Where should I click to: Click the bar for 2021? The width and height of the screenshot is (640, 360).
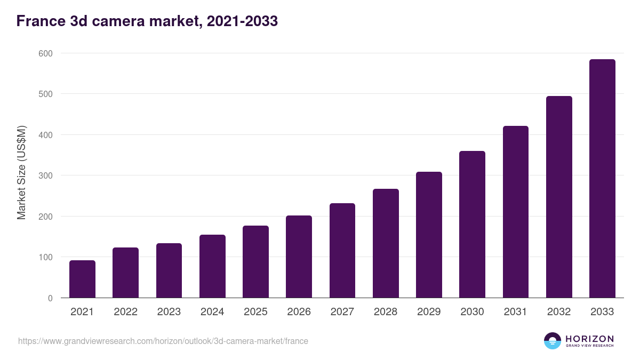82,279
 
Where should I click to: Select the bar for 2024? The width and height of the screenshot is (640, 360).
212,266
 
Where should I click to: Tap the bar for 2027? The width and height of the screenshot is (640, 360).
342,251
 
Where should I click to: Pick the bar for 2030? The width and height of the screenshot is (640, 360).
472,225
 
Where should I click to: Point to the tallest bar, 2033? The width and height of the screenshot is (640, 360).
602,179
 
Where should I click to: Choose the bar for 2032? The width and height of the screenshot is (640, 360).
559,197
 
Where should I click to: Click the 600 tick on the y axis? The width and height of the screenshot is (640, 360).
45,53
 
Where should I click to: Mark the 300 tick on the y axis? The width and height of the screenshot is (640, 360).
45,175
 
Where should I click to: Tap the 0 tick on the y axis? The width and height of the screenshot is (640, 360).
50,298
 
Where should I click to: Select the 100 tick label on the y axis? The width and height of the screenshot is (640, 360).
45,257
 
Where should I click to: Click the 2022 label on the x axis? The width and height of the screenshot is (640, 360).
126,312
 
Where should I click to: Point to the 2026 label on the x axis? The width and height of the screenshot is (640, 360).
299,312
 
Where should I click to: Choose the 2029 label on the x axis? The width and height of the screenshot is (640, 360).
429,312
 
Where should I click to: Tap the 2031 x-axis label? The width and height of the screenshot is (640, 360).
515,312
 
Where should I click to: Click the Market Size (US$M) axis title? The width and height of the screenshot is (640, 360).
21,173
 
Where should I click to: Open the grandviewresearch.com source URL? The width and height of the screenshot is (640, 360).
163,341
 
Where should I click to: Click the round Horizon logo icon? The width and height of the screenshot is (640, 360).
552,341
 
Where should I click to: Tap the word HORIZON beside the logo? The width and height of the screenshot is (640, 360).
589,338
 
